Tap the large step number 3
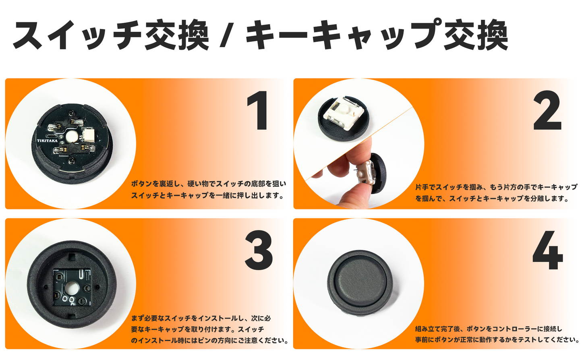pos(259,250)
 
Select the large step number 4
pos(547,250)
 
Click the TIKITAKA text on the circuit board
pos(47,141)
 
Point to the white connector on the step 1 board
pos(88,134)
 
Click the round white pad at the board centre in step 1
pos(71,137)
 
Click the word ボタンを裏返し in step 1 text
pos(153,184)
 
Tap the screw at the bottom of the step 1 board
pos(71,161)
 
